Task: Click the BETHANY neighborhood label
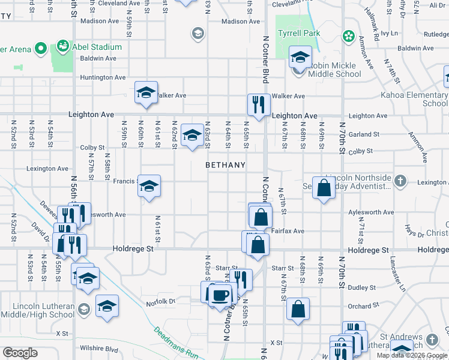pyautogui.click(x=225, y=164)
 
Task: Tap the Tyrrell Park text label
pyautogui.click(x=298, y=34)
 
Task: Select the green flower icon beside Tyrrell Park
pyautogui.click(x=348, y=37)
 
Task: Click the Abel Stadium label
pyautogui.click(x=97, y=47)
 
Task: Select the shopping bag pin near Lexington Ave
pyautogui.click(x=324, y=188)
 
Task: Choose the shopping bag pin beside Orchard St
pyautogui.click(x=298, y=310)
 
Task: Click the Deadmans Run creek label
pyautogui.click(x=176, y=343)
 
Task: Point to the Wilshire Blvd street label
pyautogui.click(x=103, y=349)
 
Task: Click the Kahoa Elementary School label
pyautogui.click(x=414, y=99)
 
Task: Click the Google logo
pyautogui.click(x=20, y=353)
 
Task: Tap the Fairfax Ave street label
pyautogui.click(x=290, y=231)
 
